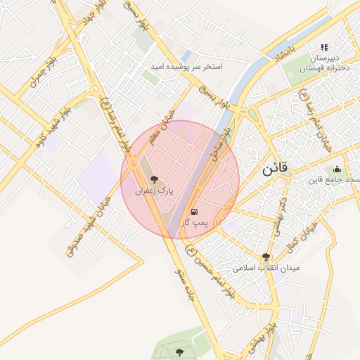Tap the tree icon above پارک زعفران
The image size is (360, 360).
pos(155,179)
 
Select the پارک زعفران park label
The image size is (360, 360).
pos(155,191)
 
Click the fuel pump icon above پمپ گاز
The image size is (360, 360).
pos(194,212)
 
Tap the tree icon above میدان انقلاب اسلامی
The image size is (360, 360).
pos(266,257)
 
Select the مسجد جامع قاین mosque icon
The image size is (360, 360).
pos(337,169)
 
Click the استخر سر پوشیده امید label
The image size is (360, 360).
pos(186,67)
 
